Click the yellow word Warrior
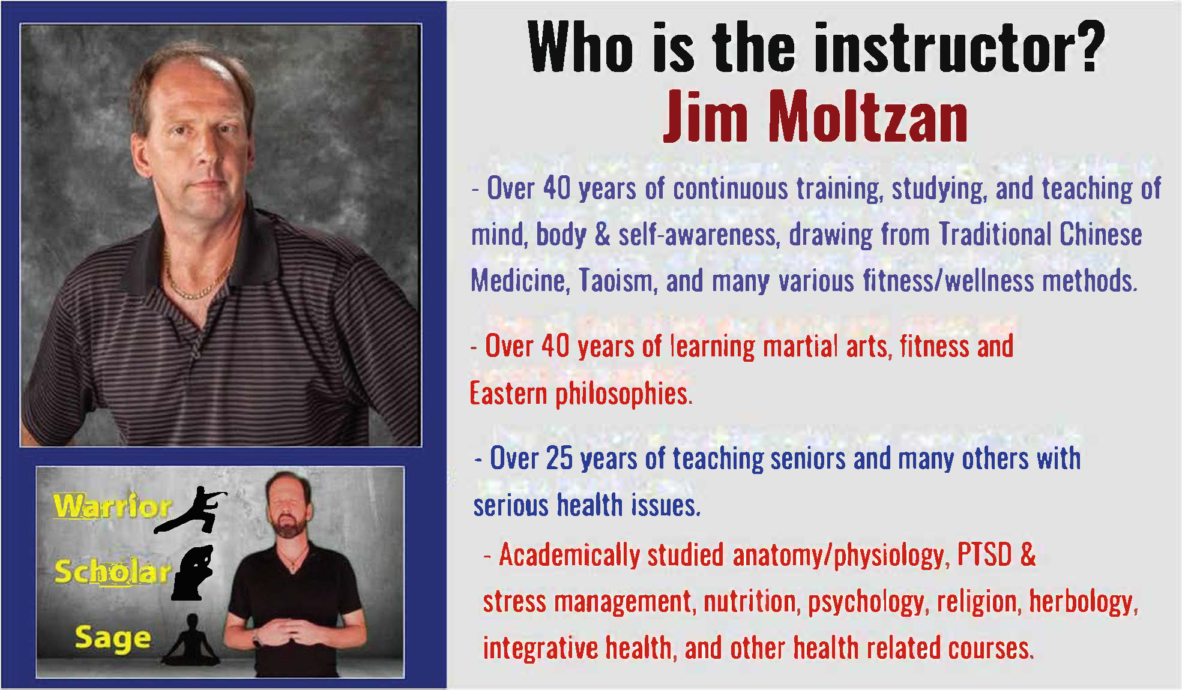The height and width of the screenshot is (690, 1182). [x=112, y=506]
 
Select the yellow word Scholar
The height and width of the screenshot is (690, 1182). [x=112, y=572]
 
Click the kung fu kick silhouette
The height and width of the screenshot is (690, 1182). [x=191, y=510]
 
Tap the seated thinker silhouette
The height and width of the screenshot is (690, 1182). [x=193, y=573]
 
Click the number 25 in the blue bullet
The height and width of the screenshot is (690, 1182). [x=559, y=458]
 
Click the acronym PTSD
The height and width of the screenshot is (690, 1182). [x=984, y=554]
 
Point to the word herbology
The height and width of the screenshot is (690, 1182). [x=1083, y=602]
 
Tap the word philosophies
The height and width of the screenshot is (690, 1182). [x=624, y=395]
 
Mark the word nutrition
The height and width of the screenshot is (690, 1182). [x=752, y=602]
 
